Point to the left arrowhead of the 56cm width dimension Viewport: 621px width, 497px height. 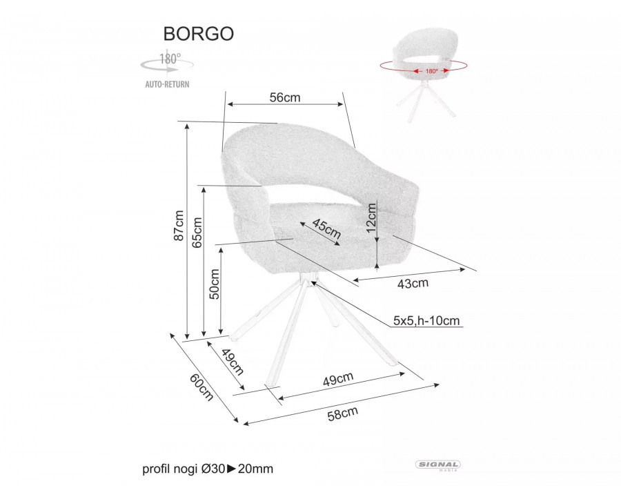click(x=230, y=104)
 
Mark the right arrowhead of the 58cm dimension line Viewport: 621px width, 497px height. click(x=437, y=384)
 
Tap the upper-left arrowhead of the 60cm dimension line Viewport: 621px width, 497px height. click(x=172, y=335)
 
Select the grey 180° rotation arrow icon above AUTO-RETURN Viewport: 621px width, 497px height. click(x=167, y=64)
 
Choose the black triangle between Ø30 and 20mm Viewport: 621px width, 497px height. click(x=231, y=469)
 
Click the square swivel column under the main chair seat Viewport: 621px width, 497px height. click(x=307, y=279)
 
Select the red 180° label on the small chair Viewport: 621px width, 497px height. click(x=431, y=71)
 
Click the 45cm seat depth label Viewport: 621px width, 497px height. click(x=326, y=228)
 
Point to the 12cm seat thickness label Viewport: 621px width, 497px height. click(x=371, y=217)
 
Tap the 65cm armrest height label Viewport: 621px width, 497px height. click(x=197, y=232)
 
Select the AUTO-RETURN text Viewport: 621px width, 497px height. click(x=167, y=84)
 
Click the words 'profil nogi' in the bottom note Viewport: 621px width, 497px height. click(x=170, y=469)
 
